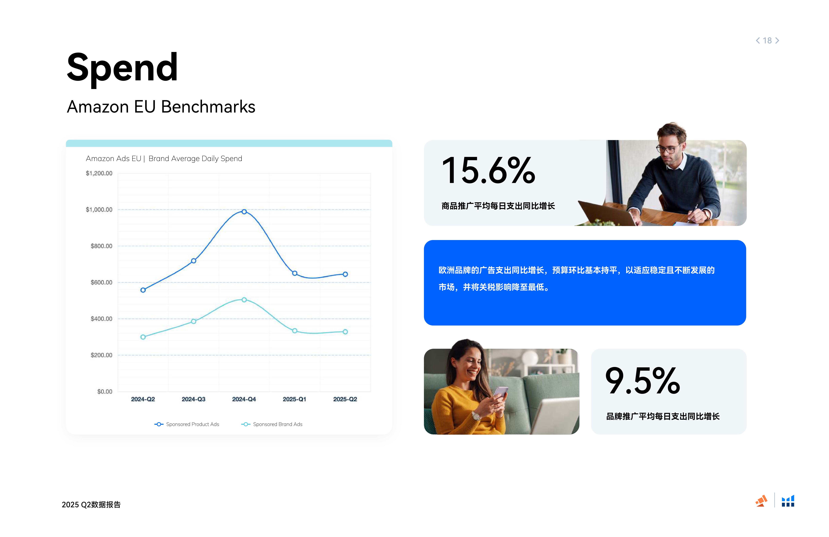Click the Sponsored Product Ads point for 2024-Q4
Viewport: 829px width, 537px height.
244,212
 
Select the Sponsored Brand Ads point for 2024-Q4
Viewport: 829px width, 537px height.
244,300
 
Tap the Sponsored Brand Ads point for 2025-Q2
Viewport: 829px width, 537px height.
345,332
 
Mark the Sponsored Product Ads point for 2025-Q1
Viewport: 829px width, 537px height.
295,273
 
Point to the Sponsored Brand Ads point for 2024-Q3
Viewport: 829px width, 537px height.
194,322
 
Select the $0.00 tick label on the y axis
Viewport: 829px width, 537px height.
105,392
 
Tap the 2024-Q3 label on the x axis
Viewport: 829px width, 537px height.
194,399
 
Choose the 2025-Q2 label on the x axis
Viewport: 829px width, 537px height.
345,399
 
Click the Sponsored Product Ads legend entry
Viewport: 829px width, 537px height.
187,424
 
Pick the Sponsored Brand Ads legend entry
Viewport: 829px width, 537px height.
272,424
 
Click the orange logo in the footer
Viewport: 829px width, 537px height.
761,501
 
